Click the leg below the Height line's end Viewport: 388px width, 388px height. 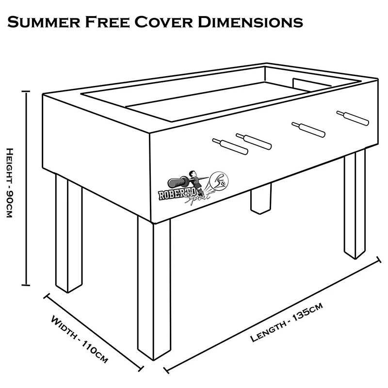click(68, 233)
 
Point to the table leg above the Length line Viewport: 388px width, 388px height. click(354, 204)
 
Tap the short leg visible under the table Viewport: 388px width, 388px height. click(260, 200)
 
